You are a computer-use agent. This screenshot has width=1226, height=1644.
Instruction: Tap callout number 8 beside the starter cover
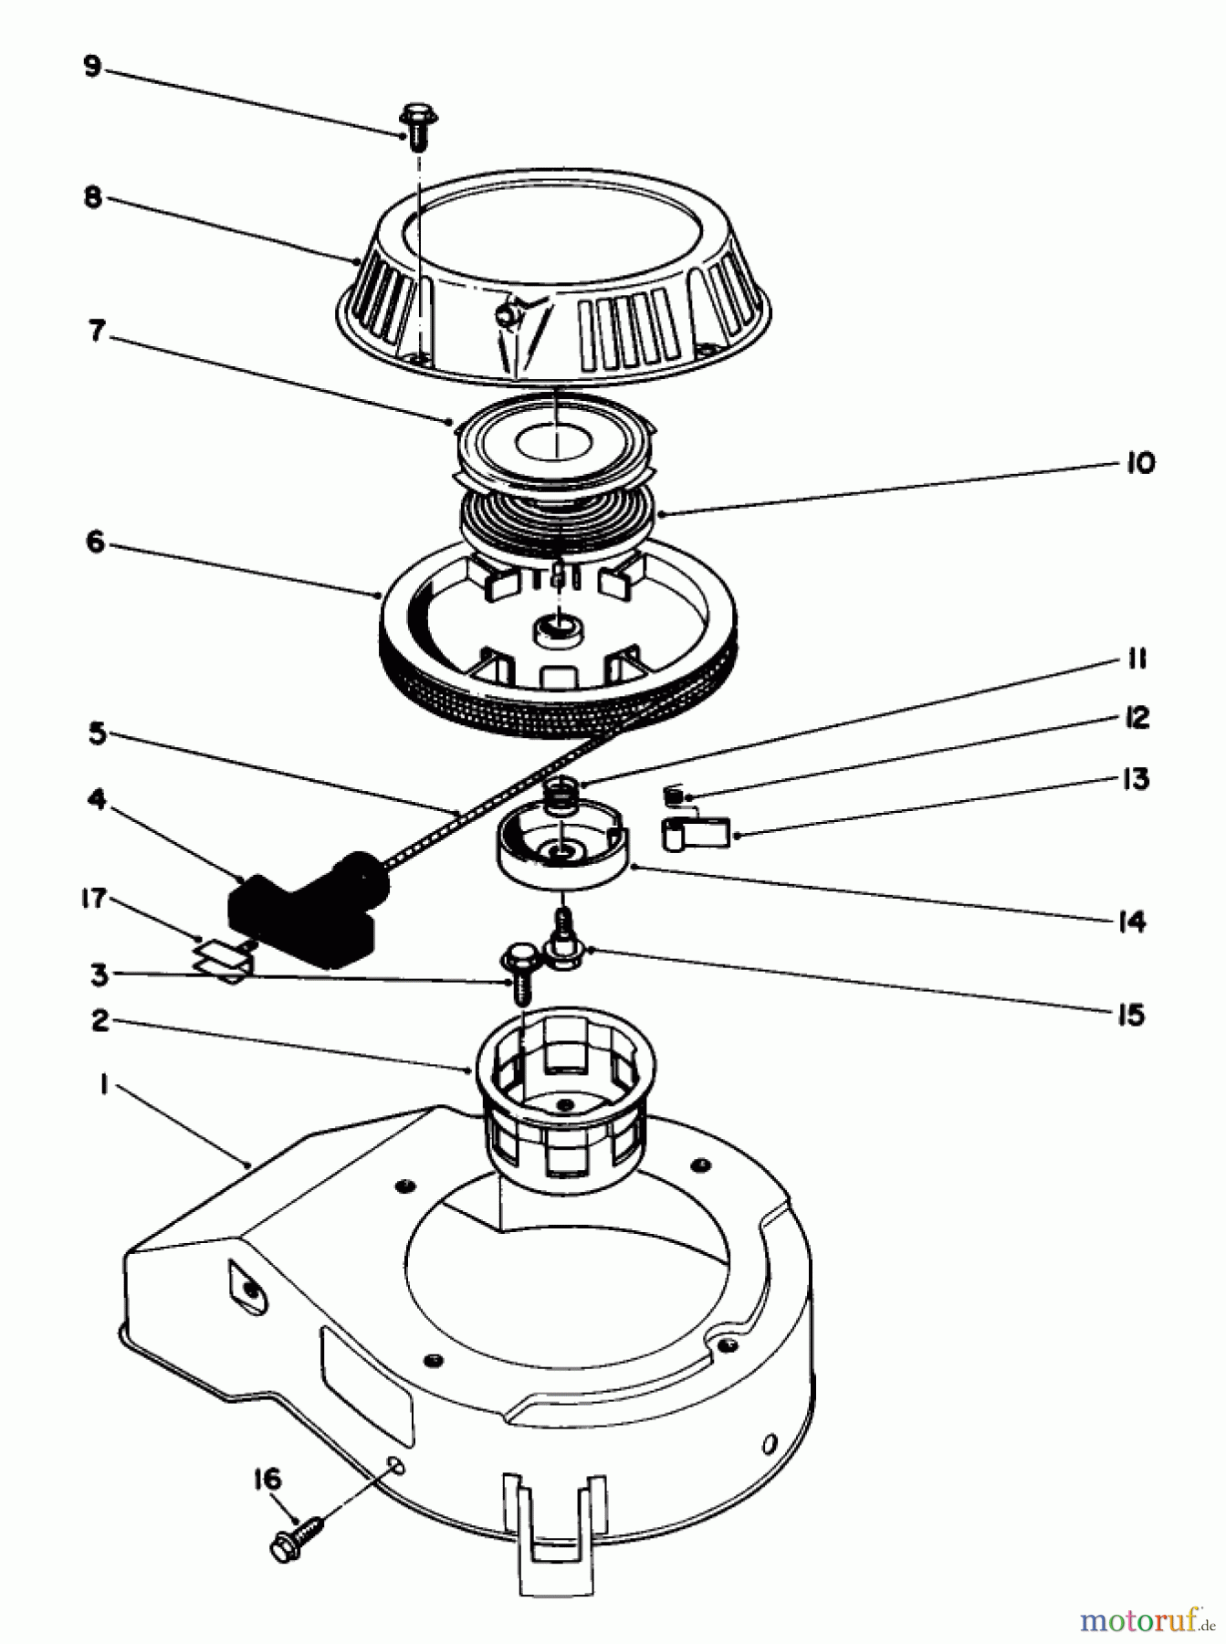pos(92,197)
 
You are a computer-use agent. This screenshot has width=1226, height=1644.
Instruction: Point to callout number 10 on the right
pos(1138,462)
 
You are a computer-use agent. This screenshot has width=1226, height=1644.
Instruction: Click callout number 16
pos(267,1478)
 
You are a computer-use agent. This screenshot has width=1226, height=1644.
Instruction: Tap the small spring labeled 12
pos(675,796)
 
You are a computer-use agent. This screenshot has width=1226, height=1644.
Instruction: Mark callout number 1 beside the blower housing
pos(105,1085)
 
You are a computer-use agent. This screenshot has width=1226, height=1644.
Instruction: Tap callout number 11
pos(1136,659)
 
